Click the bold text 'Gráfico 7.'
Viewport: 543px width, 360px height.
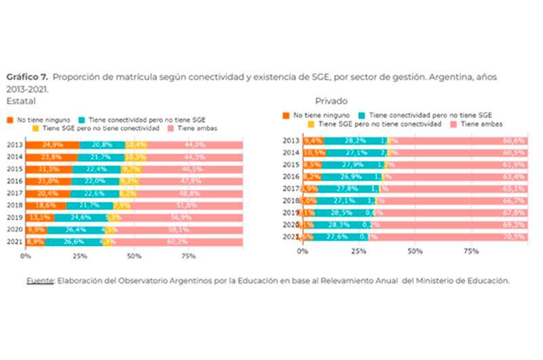click(x=25, y=77)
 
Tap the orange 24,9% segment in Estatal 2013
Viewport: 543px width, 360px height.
click(x=52, y=145)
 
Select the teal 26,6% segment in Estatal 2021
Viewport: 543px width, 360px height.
click(x=74, y=242)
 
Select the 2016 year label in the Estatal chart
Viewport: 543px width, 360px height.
click(x=14, y=181)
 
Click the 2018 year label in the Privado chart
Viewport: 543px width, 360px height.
click(x=291, y=200)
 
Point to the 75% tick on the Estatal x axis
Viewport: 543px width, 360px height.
click(x=189, y=257)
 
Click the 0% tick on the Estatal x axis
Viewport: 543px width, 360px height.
click(x=26, y=257)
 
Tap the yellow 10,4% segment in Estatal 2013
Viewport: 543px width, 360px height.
click(x=136, y=145)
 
